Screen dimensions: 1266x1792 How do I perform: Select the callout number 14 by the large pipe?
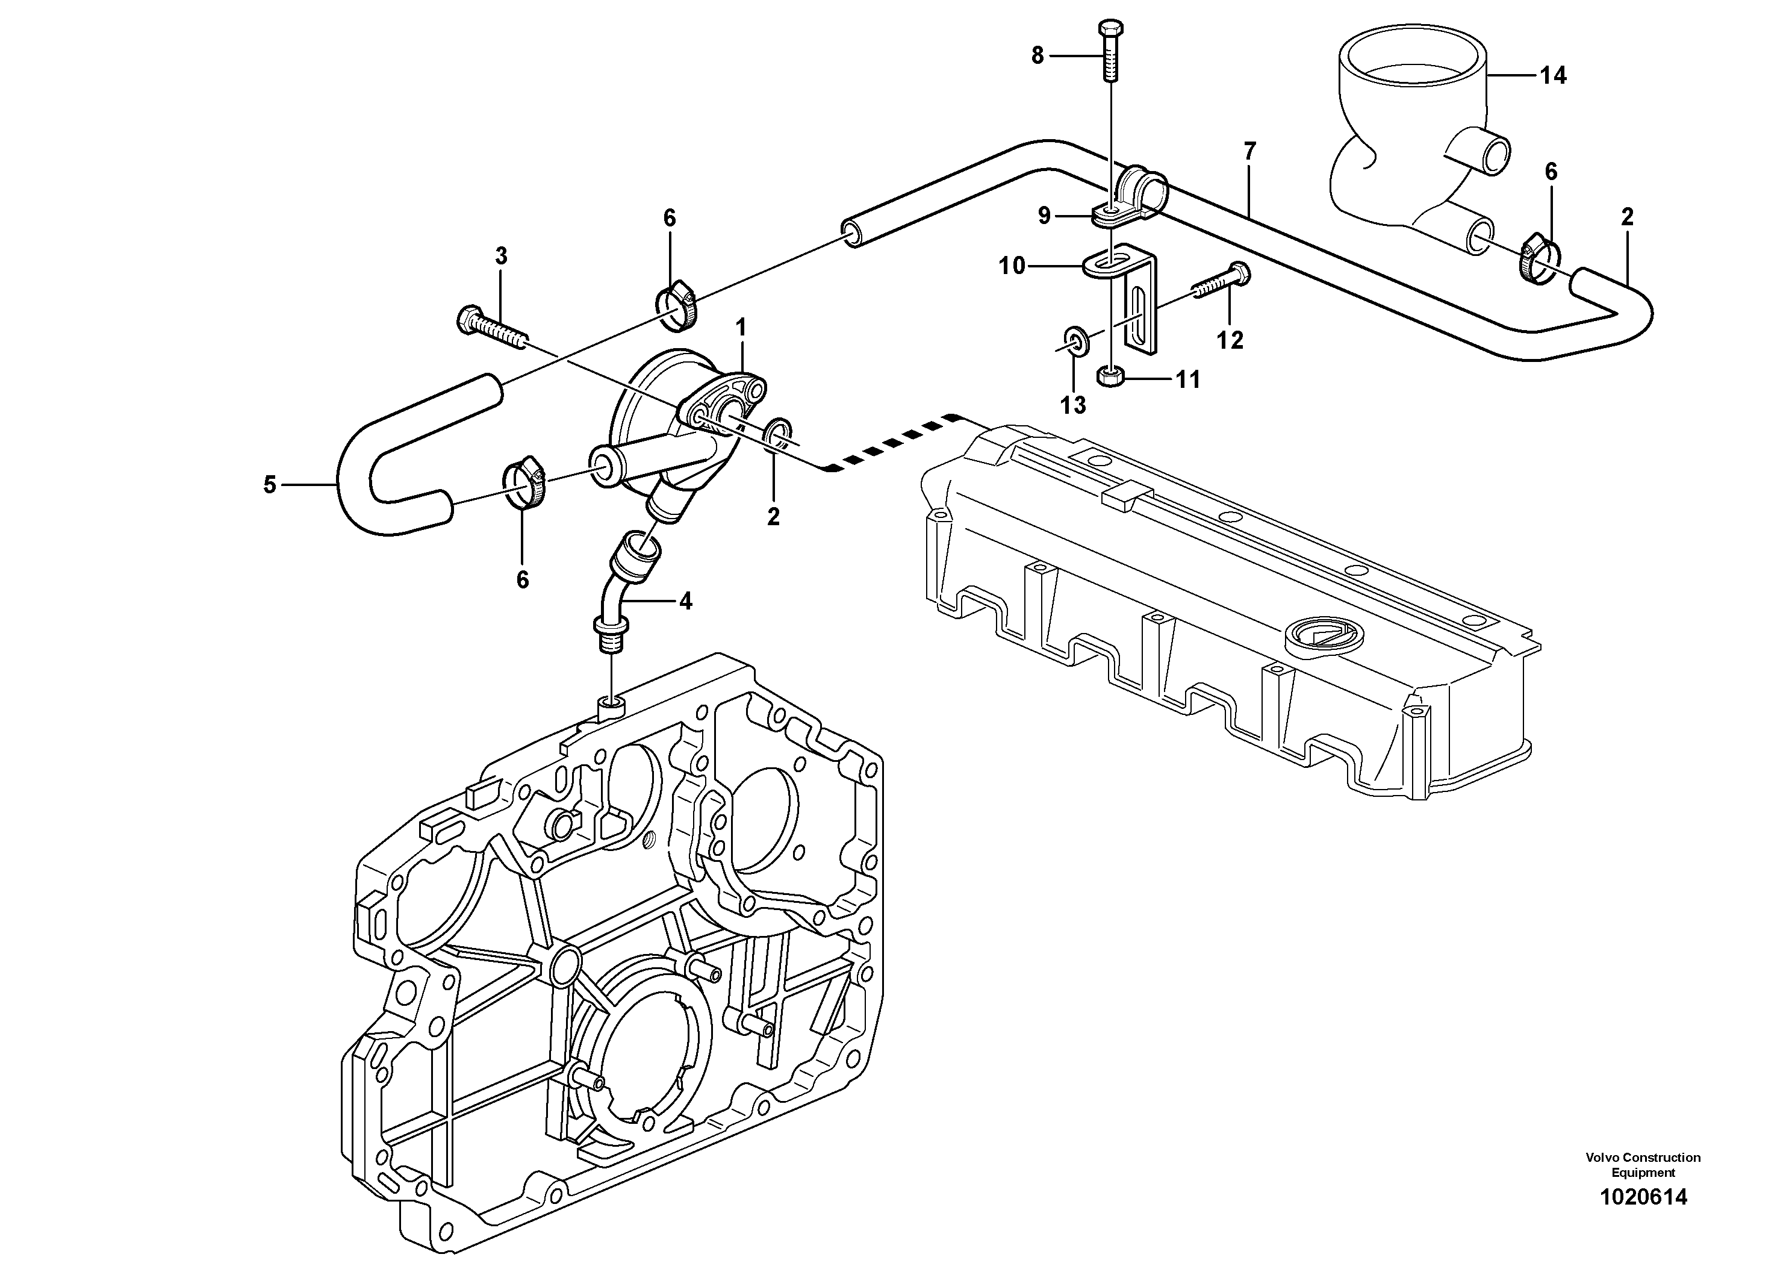pos(1552,76)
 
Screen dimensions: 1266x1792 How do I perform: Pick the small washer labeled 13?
pos(1075,341)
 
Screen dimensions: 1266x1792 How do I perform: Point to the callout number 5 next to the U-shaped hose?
pos(269,485)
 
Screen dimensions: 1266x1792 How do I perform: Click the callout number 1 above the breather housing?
pos(741,326)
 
